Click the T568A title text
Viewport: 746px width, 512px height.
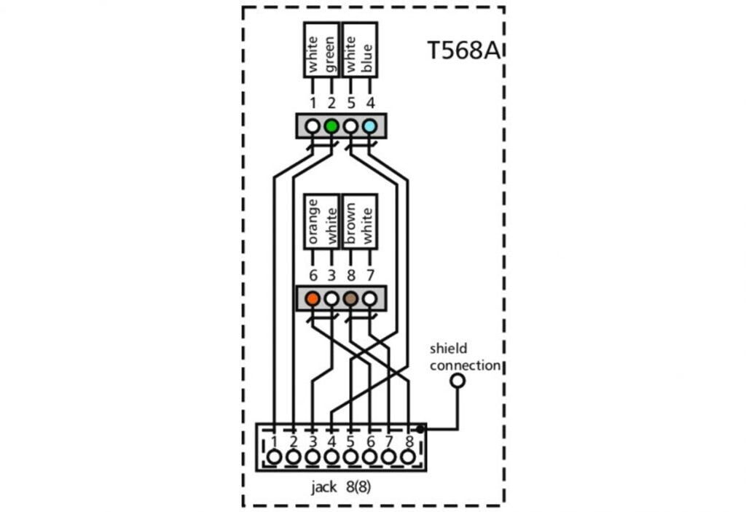click(x=464, y=50)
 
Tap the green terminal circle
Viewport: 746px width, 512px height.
click(x=331, y=126)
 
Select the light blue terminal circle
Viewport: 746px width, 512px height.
click(x=369, y=126)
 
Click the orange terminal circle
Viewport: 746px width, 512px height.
click(x=313, y=298)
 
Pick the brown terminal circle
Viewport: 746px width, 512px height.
click(x=350, y=298)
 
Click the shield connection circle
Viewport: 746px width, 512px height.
click(x=458, y=381)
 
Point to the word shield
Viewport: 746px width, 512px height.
click(x=448, y=349)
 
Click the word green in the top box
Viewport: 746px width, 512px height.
click(x=330, y=55)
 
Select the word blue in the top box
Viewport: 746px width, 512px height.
click(x=367, y=58)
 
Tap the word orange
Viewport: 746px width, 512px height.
click(x=313, y=222)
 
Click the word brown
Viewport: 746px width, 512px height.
click(x=350, y=223)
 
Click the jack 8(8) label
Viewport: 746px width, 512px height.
click(x=341, y=486)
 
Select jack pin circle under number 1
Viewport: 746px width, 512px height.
click(x=275, y=457)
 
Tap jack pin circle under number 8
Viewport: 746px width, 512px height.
click(x=408, y=457)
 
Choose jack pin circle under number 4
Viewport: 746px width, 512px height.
click(x=331, y=457)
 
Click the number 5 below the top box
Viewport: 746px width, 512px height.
click(x=351, y=103)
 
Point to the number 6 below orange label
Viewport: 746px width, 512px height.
click(x=313, y=275)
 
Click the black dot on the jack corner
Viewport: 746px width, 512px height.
click(x=420, y=429)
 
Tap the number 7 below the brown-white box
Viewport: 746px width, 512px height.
click(x=370, y=275)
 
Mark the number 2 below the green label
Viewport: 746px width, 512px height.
click(x=331, y=103)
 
